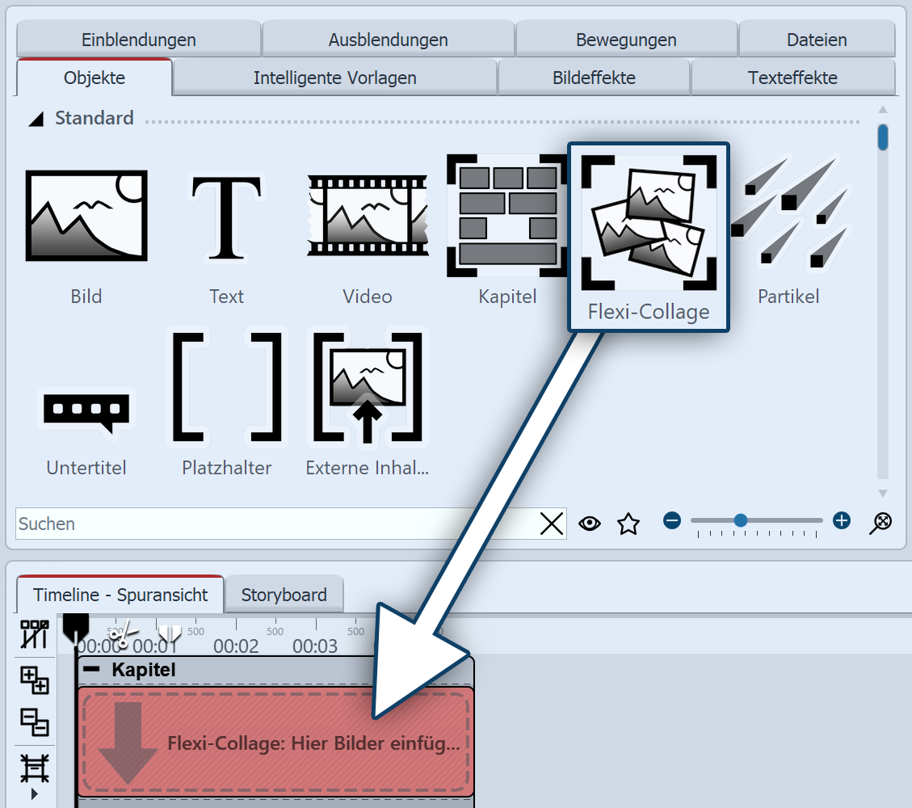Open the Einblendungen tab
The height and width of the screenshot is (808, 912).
tap(138, 40)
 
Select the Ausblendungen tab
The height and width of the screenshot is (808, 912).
tap(388, 40)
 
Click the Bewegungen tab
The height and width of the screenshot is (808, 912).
tap(626, 40)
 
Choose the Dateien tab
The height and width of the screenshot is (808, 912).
tap(817, 40)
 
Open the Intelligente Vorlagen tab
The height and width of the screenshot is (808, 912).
tap(334, 78)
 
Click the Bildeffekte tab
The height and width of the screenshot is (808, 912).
tap(594, 78)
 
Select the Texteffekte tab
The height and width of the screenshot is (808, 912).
tap(792, 78)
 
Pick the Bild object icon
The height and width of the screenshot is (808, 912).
tap(86, 215)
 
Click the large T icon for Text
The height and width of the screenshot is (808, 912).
tap(226, 215)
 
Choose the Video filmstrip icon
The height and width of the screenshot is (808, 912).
tap(368, 215)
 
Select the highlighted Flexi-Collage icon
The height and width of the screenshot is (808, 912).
tap(649, 223)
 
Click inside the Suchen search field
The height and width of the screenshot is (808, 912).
tap(275, 524)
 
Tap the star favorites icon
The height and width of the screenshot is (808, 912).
tap(628, 524)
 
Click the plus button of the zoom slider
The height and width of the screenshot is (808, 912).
tap(842, 520)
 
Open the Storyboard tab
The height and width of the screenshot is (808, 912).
tap(284, 595)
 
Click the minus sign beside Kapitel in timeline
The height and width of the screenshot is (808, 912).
tap(92, 669)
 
